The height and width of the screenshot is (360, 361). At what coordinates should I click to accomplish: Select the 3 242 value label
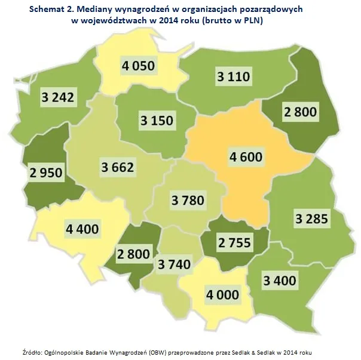[58, 98]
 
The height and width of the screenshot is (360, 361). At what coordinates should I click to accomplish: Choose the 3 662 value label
[117, 167]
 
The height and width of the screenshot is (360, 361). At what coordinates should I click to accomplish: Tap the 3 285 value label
[311, 219]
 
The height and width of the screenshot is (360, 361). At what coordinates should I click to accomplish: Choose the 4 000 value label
[222, 294]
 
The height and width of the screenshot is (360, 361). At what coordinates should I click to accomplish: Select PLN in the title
[252, 20]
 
